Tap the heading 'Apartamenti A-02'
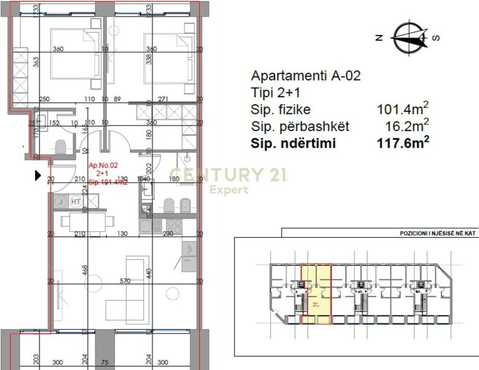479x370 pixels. [306, 76]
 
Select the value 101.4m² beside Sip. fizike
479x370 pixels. [403, 109]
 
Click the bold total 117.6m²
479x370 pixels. [403, 144]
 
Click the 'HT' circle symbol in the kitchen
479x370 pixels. [76, 202]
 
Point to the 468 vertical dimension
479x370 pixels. [85, 270]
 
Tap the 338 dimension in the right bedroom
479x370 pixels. [149, 58]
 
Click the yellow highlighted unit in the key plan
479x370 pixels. [316, 294]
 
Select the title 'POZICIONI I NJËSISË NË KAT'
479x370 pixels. [438, 233]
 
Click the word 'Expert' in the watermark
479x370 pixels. [229, 190]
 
